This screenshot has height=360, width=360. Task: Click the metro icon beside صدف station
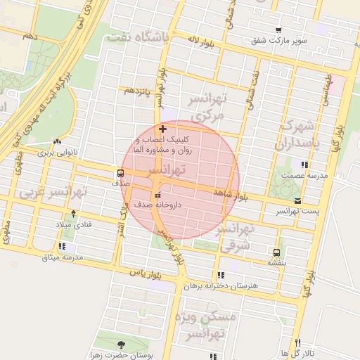pyautogui.click(x=120, y=172)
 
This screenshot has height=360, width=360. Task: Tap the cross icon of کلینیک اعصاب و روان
pyautogui.click(x=163, y=129)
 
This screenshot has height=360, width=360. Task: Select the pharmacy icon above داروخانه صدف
pyautogui.click(x=157, y=195)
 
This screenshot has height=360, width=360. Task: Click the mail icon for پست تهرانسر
pyautogui.click(x=298, y=201)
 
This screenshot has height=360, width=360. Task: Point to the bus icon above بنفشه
pyautogui.click(x=276, y=252)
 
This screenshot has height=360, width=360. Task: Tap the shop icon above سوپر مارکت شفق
pyautogui.click(x=279, y=30)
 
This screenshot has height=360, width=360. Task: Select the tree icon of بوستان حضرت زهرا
pyautogui.click(x=121, y=344)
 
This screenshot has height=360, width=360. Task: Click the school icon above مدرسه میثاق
pyautogui.click(x=63, y=247)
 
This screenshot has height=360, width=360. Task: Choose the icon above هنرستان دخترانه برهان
pyautogui.click(x=221, y=276)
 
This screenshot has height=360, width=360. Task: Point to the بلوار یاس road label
pyautogui.click(x=146, y=272)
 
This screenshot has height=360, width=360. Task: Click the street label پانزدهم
pyautogui.click(x=138, y=92)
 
